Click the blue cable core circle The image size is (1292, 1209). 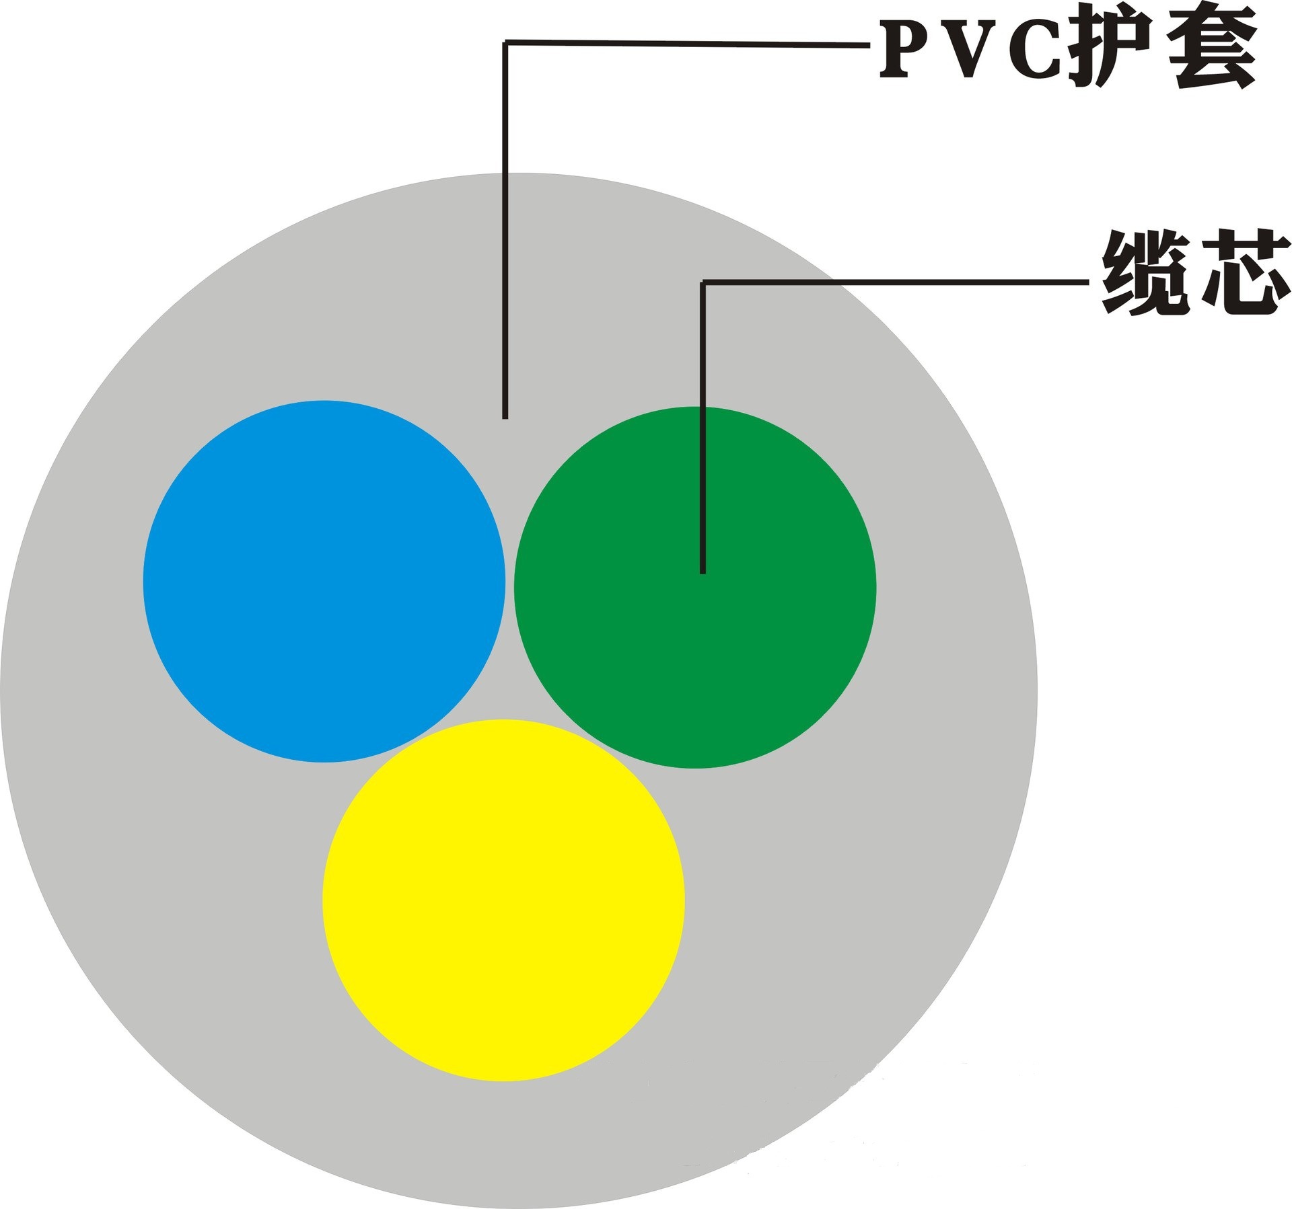tap(324, 581)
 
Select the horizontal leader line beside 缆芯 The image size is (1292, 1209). tap(895, 282)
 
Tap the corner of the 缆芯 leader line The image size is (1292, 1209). tap(703, 282)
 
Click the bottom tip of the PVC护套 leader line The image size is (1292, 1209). tap(505, 417)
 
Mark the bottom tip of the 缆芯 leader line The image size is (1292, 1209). tap(703, 571)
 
